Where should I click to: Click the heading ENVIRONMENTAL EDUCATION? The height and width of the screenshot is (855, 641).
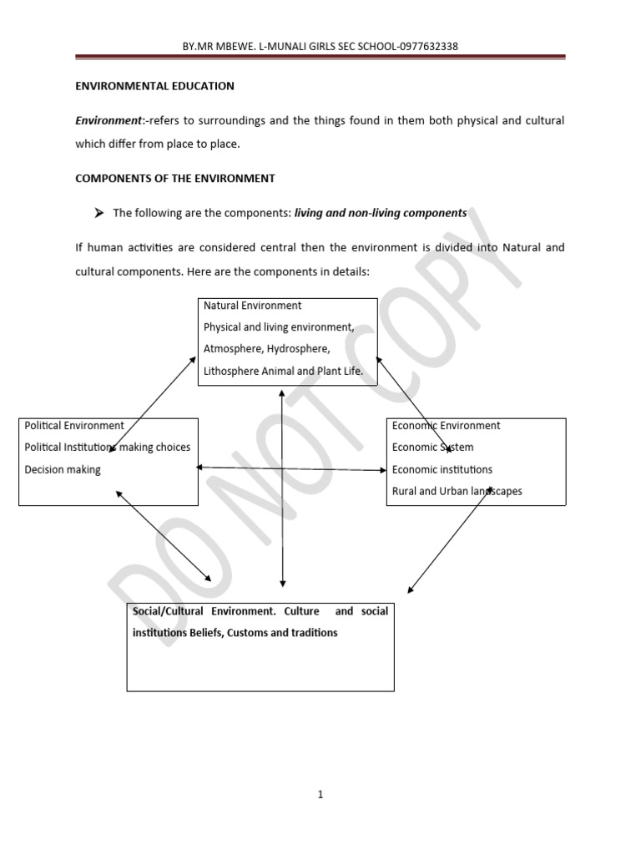click(154, 86)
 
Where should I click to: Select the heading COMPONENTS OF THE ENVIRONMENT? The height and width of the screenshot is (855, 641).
click(175, 179)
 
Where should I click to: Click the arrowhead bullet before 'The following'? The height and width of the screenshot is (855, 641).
click(98, 213)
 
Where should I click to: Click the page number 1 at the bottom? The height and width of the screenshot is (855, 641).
click(320, 795)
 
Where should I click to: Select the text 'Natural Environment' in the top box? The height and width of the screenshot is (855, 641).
click(252, 306)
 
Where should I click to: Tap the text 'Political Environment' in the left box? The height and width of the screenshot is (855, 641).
click(74, 426)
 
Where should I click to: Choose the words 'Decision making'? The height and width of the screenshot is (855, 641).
click(63, 470)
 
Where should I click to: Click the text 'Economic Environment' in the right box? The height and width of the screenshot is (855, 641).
click(446, 426)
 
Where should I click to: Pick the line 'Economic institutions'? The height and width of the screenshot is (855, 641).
click(442, 470)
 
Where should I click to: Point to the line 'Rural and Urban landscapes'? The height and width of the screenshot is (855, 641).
click(457, 492)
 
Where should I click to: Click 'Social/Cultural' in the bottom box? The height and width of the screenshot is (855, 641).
click(164, 611)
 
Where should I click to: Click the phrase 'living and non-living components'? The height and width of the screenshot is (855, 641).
click(381, 214)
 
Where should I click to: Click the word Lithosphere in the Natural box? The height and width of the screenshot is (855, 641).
click(231, 372)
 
